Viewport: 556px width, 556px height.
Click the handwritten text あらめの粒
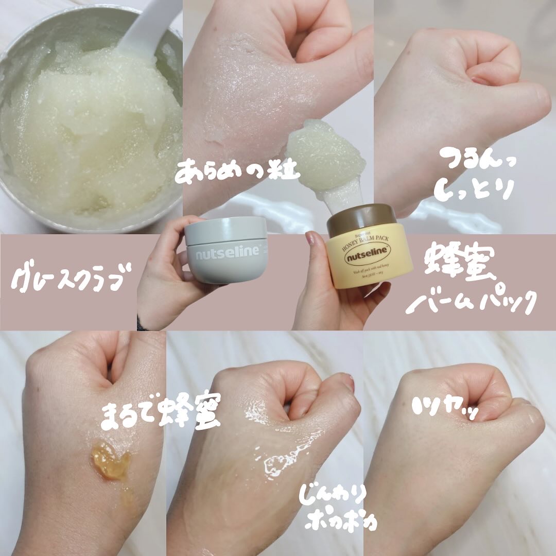click(237, 171)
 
